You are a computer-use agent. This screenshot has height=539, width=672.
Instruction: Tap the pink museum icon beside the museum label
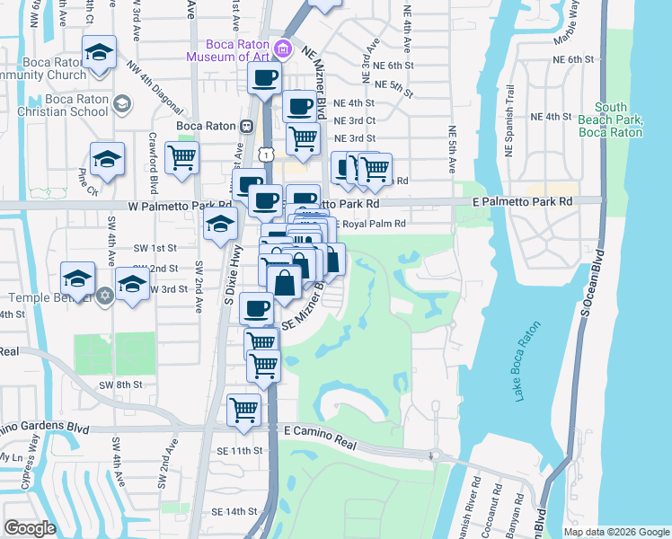tap(284, 48)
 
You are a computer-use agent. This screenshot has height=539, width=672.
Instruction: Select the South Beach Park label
tap(611, 119)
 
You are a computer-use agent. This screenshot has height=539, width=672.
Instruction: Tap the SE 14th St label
tap(234, 511)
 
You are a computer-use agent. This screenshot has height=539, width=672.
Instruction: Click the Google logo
tap(30, 528)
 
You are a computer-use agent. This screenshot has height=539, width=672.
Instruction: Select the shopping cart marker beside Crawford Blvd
tap(181, 159)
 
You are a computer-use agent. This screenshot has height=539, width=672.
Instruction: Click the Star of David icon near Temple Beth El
tap(104, 296)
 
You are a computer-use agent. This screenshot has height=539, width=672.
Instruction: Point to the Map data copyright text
tap(615, 532)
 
